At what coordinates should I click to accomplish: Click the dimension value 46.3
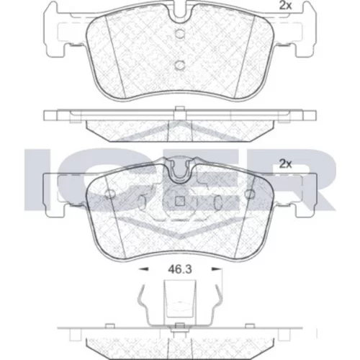[180, 269]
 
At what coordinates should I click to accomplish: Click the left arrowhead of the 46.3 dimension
[143, 269]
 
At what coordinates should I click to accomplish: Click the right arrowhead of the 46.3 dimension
[216, 269]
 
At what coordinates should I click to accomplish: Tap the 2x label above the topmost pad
[285, 6]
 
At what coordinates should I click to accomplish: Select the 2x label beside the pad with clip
[285, 164]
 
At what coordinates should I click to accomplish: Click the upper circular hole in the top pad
[179, 34]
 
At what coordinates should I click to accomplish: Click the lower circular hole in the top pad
[179, 66]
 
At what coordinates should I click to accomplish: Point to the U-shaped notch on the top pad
[179, 12]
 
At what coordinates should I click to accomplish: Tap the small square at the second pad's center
[179, 202]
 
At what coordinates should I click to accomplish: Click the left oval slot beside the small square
[143, 202]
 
